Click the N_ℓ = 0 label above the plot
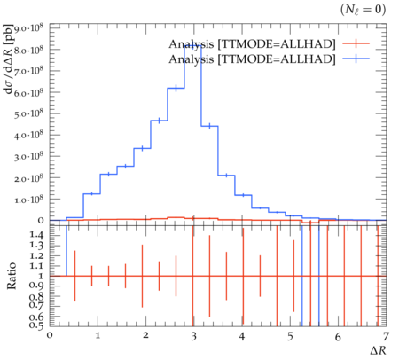(363, 10)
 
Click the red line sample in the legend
(356, 43)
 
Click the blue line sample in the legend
(356, 59)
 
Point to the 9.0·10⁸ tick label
(28, 28)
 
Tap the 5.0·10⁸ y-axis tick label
(28, 113)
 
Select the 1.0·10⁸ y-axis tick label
(28, 199)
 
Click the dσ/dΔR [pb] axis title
(9, 59)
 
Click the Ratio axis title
(12, 276)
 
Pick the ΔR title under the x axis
(378, 350)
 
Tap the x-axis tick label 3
(193, 336)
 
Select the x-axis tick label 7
(386, 336)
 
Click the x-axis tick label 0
(50, 335)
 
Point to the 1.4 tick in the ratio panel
(36, 235)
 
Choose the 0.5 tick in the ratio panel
(36, 325)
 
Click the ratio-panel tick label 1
(41, 276)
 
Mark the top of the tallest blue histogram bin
(192, 46)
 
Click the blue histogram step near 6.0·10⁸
(176, 88)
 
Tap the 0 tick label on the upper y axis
(41, 220)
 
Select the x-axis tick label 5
(290, 336)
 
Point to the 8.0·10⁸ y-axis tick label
(28, 50)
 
